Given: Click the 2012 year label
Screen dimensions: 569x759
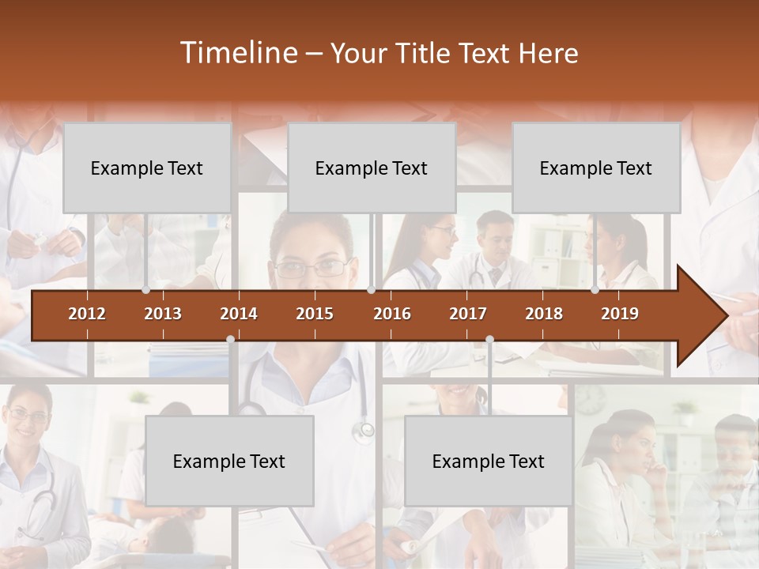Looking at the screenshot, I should [87, 314].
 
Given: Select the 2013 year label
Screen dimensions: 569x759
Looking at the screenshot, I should [163, 314].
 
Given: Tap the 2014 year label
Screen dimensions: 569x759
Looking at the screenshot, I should [239, 314].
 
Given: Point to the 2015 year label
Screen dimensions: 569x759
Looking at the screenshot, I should [315, 314].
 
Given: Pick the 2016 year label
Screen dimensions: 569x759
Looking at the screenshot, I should [392, 314].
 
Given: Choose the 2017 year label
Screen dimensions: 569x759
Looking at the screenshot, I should [468, 314].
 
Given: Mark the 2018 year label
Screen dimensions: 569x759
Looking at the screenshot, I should [544, 314].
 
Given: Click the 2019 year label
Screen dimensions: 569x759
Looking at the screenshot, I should [620, 314].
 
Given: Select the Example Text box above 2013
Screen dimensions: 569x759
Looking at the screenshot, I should [147, 168].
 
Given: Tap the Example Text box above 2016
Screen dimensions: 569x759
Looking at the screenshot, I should [372, 168].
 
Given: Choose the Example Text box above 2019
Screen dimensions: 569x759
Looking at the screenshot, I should [596, 168].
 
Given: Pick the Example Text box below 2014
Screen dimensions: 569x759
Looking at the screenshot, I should [229, 461].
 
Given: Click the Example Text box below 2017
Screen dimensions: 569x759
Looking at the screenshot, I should [489, 461].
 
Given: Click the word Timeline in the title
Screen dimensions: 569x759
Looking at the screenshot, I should [238, 53].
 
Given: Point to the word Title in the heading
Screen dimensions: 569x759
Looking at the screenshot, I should [425, 53].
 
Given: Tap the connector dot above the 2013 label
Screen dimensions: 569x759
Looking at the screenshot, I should [146, 290].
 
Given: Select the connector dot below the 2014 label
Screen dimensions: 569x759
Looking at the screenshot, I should [230, 339].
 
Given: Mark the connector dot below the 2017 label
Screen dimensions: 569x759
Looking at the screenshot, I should [489, 339].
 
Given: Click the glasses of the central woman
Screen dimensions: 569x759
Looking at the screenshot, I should [311, 269].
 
